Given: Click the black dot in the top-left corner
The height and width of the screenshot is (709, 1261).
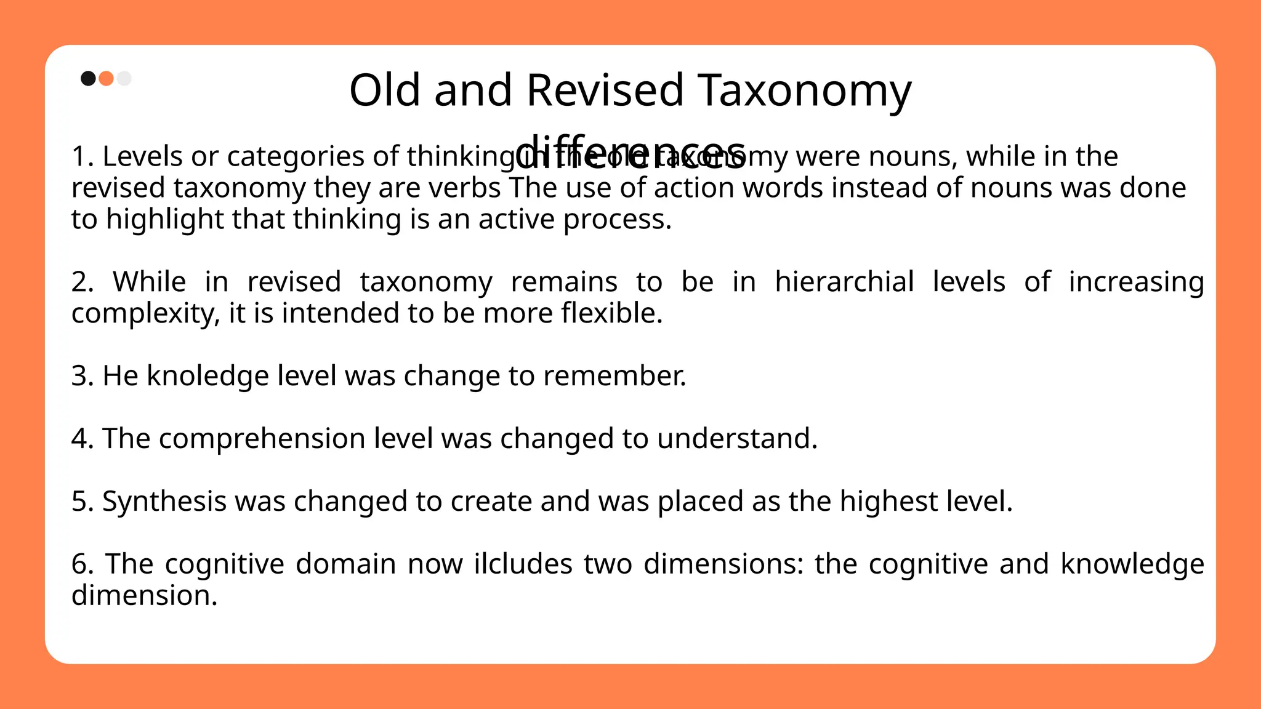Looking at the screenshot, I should point(88,79).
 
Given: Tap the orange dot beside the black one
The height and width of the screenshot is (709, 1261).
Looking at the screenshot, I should point(106,79).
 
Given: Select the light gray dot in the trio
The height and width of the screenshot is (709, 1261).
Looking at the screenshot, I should point(124,79).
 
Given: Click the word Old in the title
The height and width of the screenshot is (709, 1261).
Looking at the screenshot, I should point(386,90).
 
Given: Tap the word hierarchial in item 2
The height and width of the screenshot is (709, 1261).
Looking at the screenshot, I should point(844,282).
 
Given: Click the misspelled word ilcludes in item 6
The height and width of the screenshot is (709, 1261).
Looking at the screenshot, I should point(523,564).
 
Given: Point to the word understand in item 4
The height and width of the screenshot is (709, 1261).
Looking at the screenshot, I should point(736,439).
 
